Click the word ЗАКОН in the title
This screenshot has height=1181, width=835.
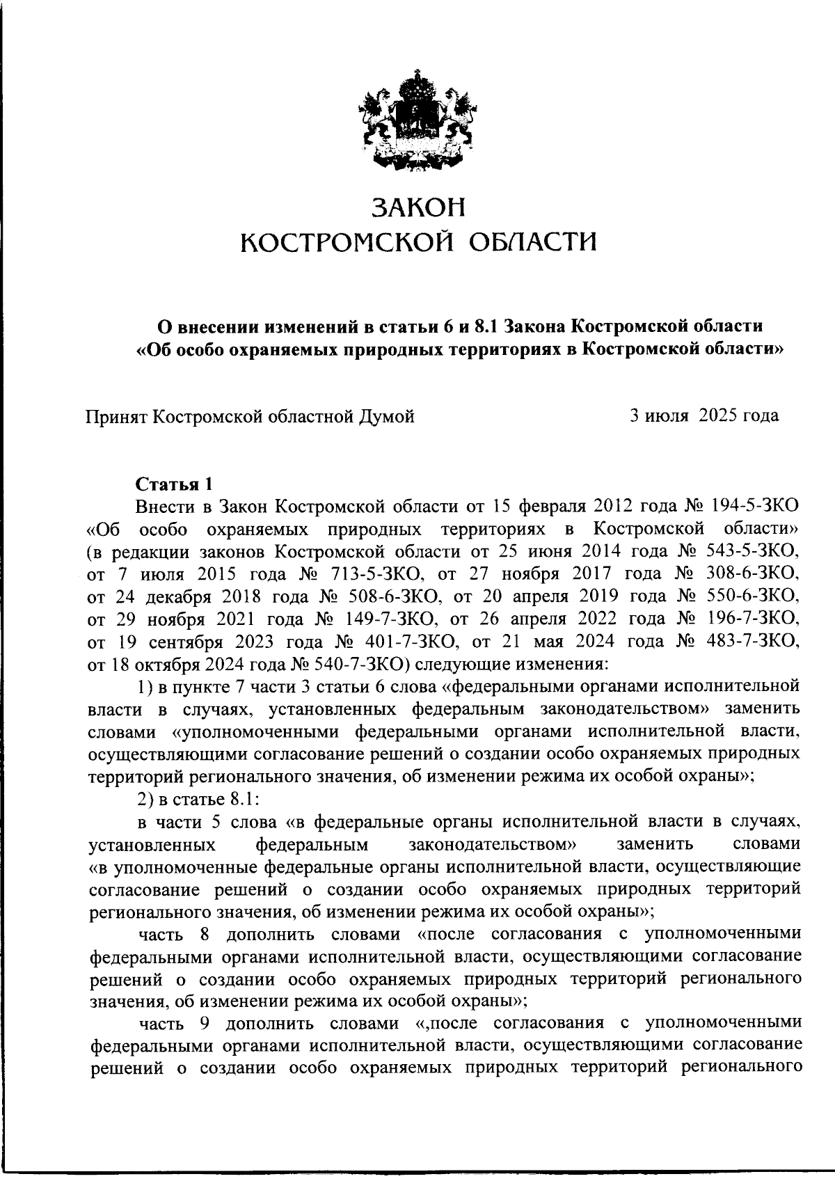click(417, 207)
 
